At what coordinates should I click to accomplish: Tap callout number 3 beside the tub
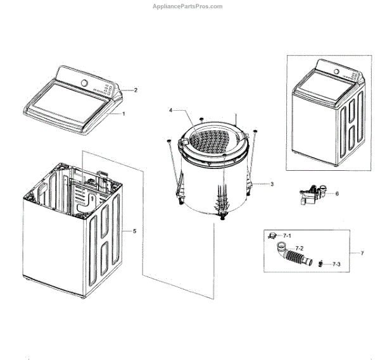[170, 110]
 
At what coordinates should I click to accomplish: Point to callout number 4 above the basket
[134, 231]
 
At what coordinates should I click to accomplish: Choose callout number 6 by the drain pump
[362, 253]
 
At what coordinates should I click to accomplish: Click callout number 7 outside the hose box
[291, 235]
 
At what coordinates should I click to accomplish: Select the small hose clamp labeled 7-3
[322, 263]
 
